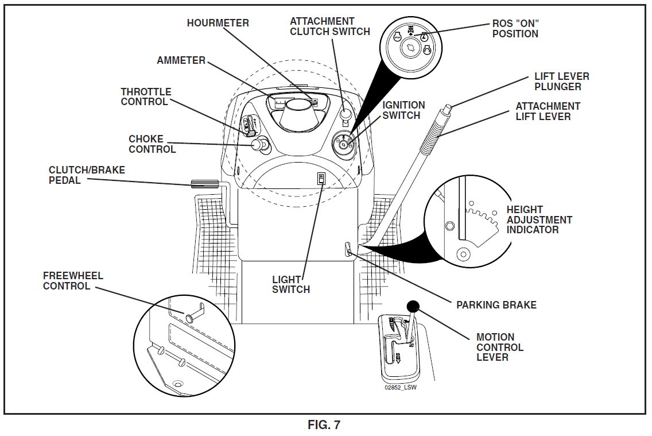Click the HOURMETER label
(218, 23)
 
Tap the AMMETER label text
(181, 60)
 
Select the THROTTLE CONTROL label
(146, 97)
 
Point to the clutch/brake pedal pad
(204, 184)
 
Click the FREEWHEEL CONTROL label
(73, 281)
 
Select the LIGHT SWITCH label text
(290, 284)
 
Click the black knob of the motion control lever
(413, 306)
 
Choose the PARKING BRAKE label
(496, 305)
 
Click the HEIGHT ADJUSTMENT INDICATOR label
(539, 219)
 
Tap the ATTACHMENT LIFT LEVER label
(548, 111)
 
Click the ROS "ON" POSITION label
(515, 29)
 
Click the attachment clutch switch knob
(344, 113)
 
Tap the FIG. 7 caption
(324, 425)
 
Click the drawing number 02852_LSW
(401, 387)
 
